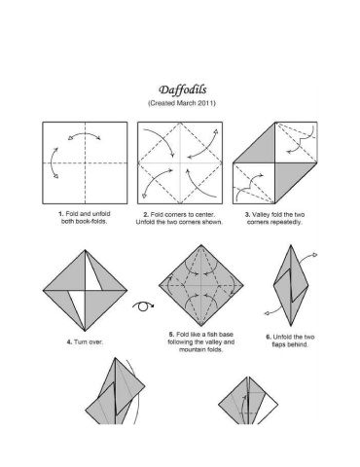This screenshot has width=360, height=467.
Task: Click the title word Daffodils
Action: point(183,90)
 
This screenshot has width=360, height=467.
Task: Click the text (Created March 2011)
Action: point(182,103)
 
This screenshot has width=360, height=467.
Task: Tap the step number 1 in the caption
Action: point(60,214)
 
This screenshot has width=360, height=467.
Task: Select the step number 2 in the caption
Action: point(146,215)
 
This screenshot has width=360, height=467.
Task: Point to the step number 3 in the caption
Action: point(247,215)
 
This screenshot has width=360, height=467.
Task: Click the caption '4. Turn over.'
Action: point(85,341)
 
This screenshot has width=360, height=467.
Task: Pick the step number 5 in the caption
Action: point(171,335)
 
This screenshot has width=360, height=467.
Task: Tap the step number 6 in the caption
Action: point(269,337)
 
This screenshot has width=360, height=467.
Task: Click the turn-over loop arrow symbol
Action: point(143,306)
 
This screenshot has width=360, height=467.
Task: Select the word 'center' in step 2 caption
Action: point(205,215)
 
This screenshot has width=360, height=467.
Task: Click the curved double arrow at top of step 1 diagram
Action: point(84,135)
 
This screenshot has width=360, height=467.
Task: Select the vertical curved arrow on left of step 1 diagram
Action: point(54,162)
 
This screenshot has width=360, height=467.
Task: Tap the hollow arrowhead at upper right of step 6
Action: point(314,255)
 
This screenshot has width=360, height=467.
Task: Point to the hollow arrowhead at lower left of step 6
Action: point(268,313)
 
